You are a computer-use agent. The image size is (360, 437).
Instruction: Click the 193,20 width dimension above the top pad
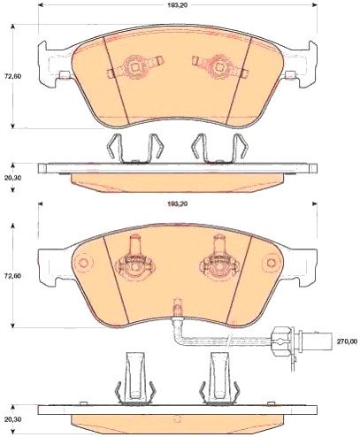pos(178,4)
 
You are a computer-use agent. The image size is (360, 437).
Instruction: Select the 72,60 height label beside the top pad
pos(13,76)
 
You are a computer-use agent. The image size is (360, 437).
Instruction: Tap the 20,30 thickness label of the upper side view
pos(13,178)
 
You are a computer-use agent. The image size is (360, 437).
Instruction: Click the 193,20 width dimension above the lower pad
pos(178,203)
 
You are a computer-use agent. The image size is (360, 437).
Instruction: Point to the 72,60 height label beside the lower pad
pos(13,276)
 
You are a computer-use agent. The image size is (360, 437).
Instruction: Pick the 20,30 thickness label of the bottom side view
pos(13,419)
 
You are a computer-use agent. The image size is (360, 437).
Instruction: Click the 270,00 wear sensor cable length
pos(347,341)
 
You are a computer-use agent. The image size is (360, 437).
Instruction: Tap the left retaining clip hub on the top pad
pos(135,67)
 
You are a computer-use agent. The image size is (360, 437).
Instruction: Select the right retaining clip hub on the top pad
pos(218,67)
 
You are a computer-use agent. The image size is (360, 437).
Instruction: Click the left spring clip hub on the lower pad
pos(135,266)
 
